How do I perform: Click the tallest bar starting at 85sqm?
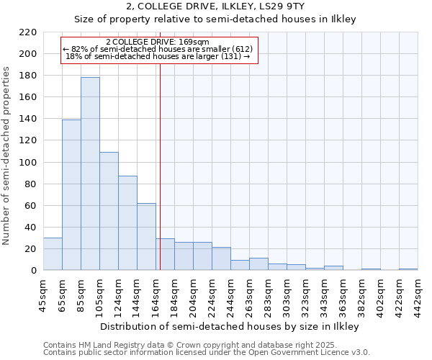pos(90,174)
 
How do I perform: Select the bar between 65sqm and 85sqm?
pos(71,194)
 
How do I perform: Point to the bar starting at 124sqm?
pos(127,222)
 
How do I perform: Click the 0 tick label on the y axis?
pos(34,271)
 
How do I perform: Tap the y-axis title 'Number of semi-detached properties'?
pos(7,156)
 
